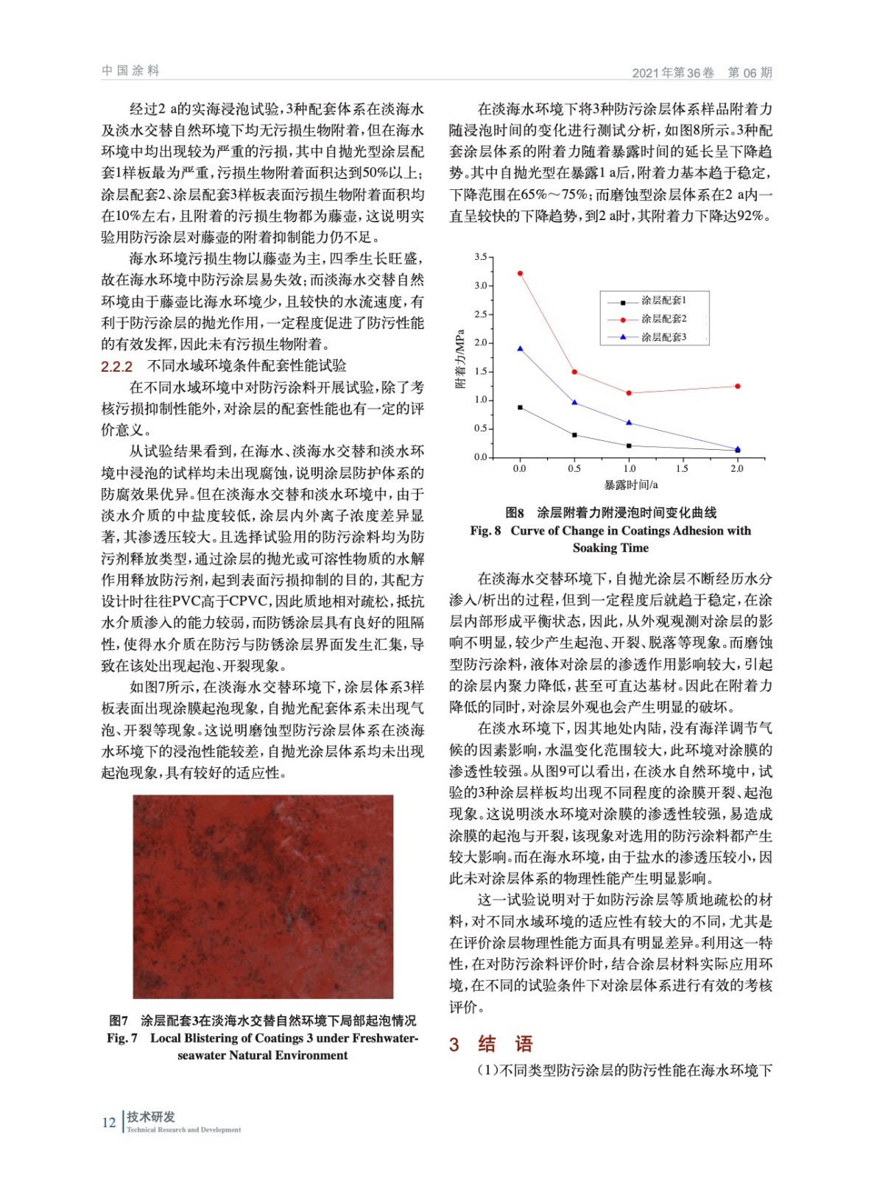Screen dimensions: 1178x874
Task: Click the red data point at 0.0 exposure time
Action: click(520, 273)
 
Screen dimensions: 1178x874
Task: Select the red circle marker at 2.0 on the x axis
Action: click(737, 386)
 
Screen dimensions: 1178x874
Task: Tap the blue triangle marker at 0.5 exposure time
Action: click(574, 402)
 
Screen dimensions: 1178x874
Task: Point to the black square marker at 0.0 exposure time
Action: click(520, 407)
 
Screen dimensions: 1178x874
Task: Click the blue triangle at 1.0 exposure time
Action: click(629, 422)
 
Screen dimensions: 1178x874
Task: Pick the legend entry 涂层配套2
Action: click(663, 319)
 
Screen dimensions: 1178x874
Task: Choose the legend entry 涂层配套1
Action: click(663, 300)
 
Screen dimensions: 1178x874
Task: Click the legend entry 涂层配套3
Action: click(663, 337)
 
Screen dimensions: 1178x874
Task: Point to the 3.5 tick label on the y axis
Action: click(480, 257)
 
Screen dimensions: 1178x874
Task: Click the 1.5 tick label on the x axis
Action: click(683, 468)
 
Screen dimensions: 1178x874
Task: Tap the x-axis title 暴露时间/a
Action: click(630, 484)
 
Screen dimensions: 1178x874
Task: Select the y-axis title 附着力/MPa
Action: click(461, 359)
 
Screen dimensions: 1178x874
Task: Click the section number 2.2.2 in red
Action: click(116, 367)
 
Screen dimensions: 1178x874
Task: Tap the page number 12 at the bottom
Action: click(108, 1122)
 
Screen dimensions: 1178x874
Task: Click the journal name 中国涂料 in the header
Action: click(130, 71)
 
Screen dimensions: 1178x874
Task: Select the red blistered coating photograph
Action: click(263, 896)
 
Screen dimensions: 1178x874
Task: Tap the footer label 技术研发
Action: click(151, 1116)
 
